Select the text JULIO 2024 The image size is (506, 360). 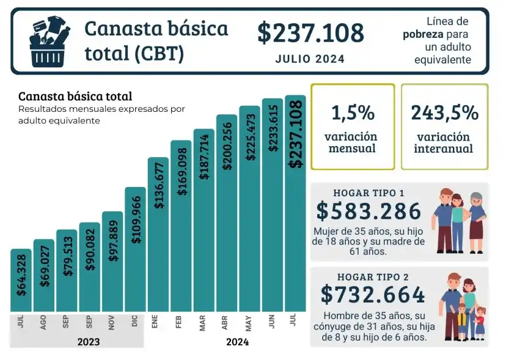[310, 59]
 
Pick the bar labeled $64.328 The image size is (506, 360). [21, 281]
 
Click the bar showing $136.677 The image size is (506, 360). [158, 235]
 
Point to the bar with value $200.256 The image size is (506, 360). [227, 213]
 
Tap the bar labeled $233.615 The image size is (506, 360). [273, 205]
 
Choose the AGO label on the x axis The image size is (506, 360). [43, 323]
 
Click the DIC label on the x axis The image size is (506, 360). [135, 323]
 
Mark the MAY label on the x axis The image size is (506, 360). [249, 323]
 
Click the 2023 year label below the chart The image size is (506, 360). [89, 342]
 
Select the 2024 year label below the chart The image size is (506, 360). [237, 342]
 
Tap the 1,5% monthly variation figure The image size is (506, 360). [353, 113]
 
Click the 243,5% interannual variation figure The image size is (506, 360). [444, 113]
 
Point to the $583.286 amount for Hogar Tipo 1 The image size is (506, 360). [369, 211]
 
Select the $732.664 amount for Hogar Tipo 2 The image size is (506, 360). [373, 295]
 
